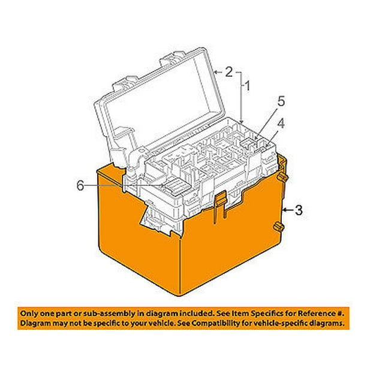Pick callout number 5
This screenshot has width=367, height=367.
click(279, 103)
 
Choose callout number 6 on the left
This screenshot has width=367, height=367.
click(79, 185)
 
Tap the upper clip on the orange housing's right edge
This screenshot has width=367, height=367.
click(281, 178)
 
